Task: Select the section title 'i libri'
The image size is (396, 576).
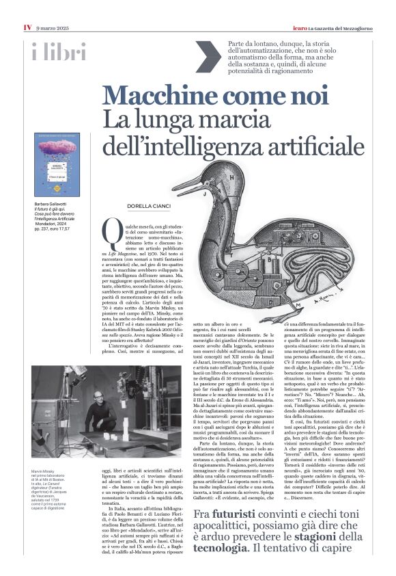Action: click(x=59, y=52)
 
